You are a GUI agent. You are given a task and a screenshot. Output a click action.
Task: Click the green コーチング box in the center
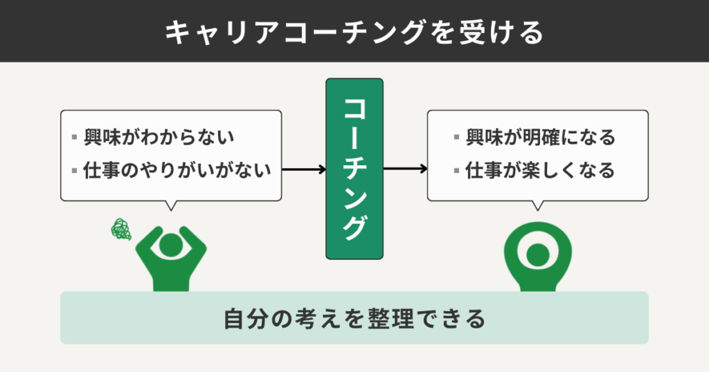354,169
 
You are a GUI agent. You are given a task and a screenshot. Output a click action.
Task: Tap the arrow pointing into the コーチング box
304,169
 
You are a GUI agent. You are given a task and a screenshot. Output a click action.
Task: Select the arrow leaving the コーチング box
405,169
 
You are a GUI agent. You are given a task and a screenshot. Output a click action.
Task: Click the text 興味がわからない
159,137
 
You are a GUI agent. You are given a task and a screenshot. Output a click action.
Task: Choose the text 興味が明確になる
540,137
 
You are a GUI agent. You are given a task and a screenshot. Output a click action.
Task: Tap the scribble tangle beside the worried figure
122,229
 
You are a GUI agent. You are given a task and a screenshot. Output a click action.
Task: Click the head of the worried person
170,244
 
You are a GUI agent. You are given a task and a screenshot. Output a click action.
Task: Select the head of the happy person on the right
537,255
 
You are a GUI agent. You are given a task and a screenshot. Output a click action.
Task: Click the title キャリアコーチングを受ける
354,32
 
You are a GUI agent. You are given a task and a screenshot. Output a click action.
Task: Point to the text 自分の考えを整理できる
354,319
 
